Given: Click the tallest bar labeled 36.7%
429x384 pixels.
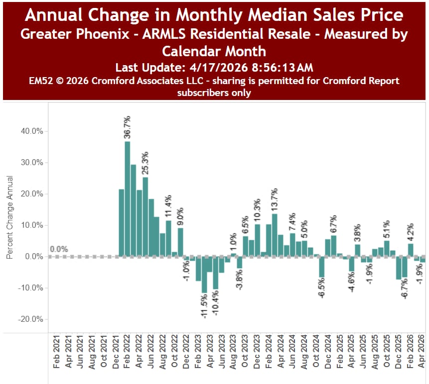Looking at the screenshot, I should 128,199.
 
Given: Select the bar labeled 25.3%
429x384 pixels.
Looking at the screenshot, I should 145,216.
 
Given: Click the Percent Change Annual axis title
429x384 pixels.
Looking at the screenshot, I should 10,217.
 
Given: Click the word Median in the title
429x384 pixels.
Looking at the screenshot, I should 264,15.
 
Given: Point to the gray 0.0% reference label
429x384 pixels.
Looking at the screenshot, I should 58,249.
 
